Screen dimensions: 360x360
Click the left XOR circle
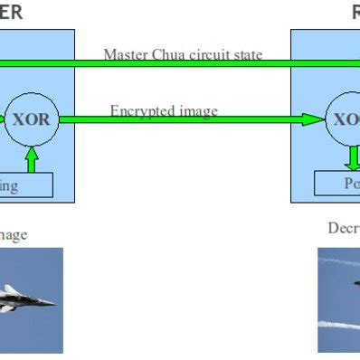click(32, 119)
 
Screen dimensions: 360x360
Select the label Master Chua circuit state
click(183, 54)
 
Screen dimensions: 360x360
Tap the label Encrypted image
click(164, 110)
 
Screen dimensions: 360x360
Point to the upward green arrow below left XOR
click(32, 159)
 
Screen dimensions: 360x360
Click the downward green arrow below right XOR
click(353, 157)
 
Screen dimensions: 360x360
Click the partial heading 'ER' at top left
click(11, 12)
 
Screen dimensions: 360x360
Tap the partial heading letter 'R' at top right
click(355, 12)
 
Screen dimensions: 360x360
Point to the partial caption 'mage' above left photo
click(13, 235)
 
